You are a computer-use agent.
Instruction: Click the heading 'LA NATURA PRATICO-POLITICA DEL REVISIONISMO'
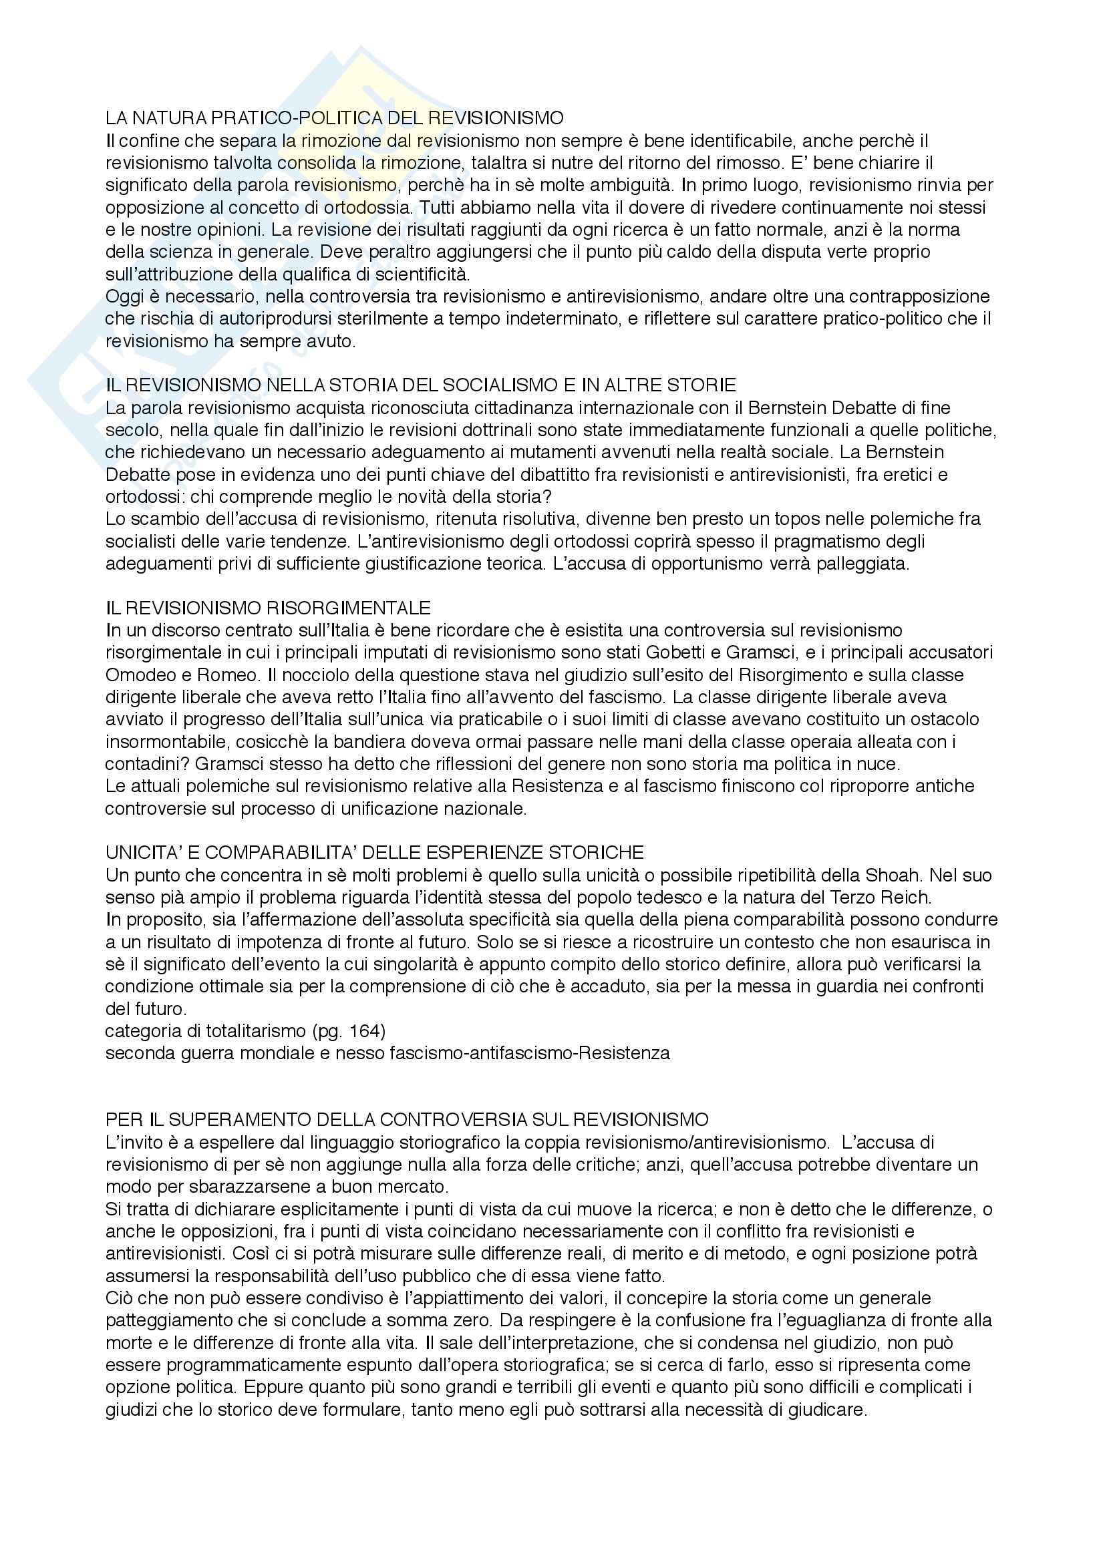(334, 118)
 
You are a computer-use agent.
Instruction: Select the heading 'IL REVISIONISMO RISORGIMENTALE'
(268, 607)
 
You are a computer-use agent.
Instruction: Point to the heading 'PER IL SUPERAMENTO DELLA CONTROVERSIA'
(407, 1119)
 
